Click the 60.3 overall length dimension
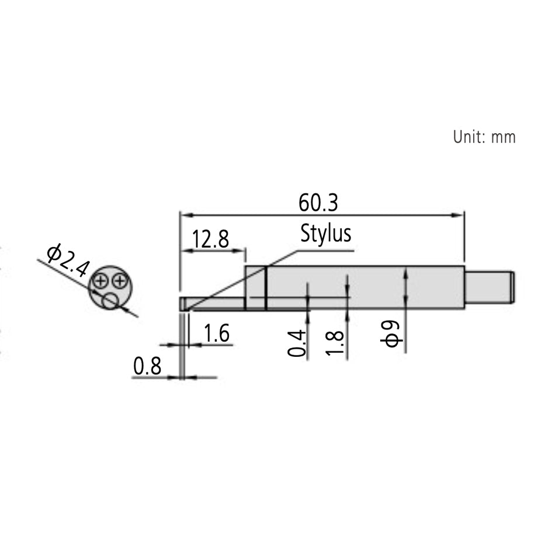pyautogui.click(x=318, y=203)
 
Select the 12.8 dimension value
pyautogui.click(x=210, y=239)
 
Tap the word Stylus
pyautogui.click(x=326, y=233)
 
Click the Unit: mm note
pyautogui.click(x=484, y=137)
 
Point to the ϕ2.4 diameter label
pyautogui.click(x=68, y=260)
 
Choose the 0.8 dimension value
pyautogui.click(x=147, y=366)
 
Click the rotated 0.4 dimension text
pyautogui.click(x=297, y=343)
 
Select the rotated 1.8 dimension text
pyautogui.click(x=335, y=343)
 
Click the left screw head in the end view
pyautogui.click(x=100, y=281)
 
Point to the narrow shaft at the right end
pyautogui.click(x=489, y=287)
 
